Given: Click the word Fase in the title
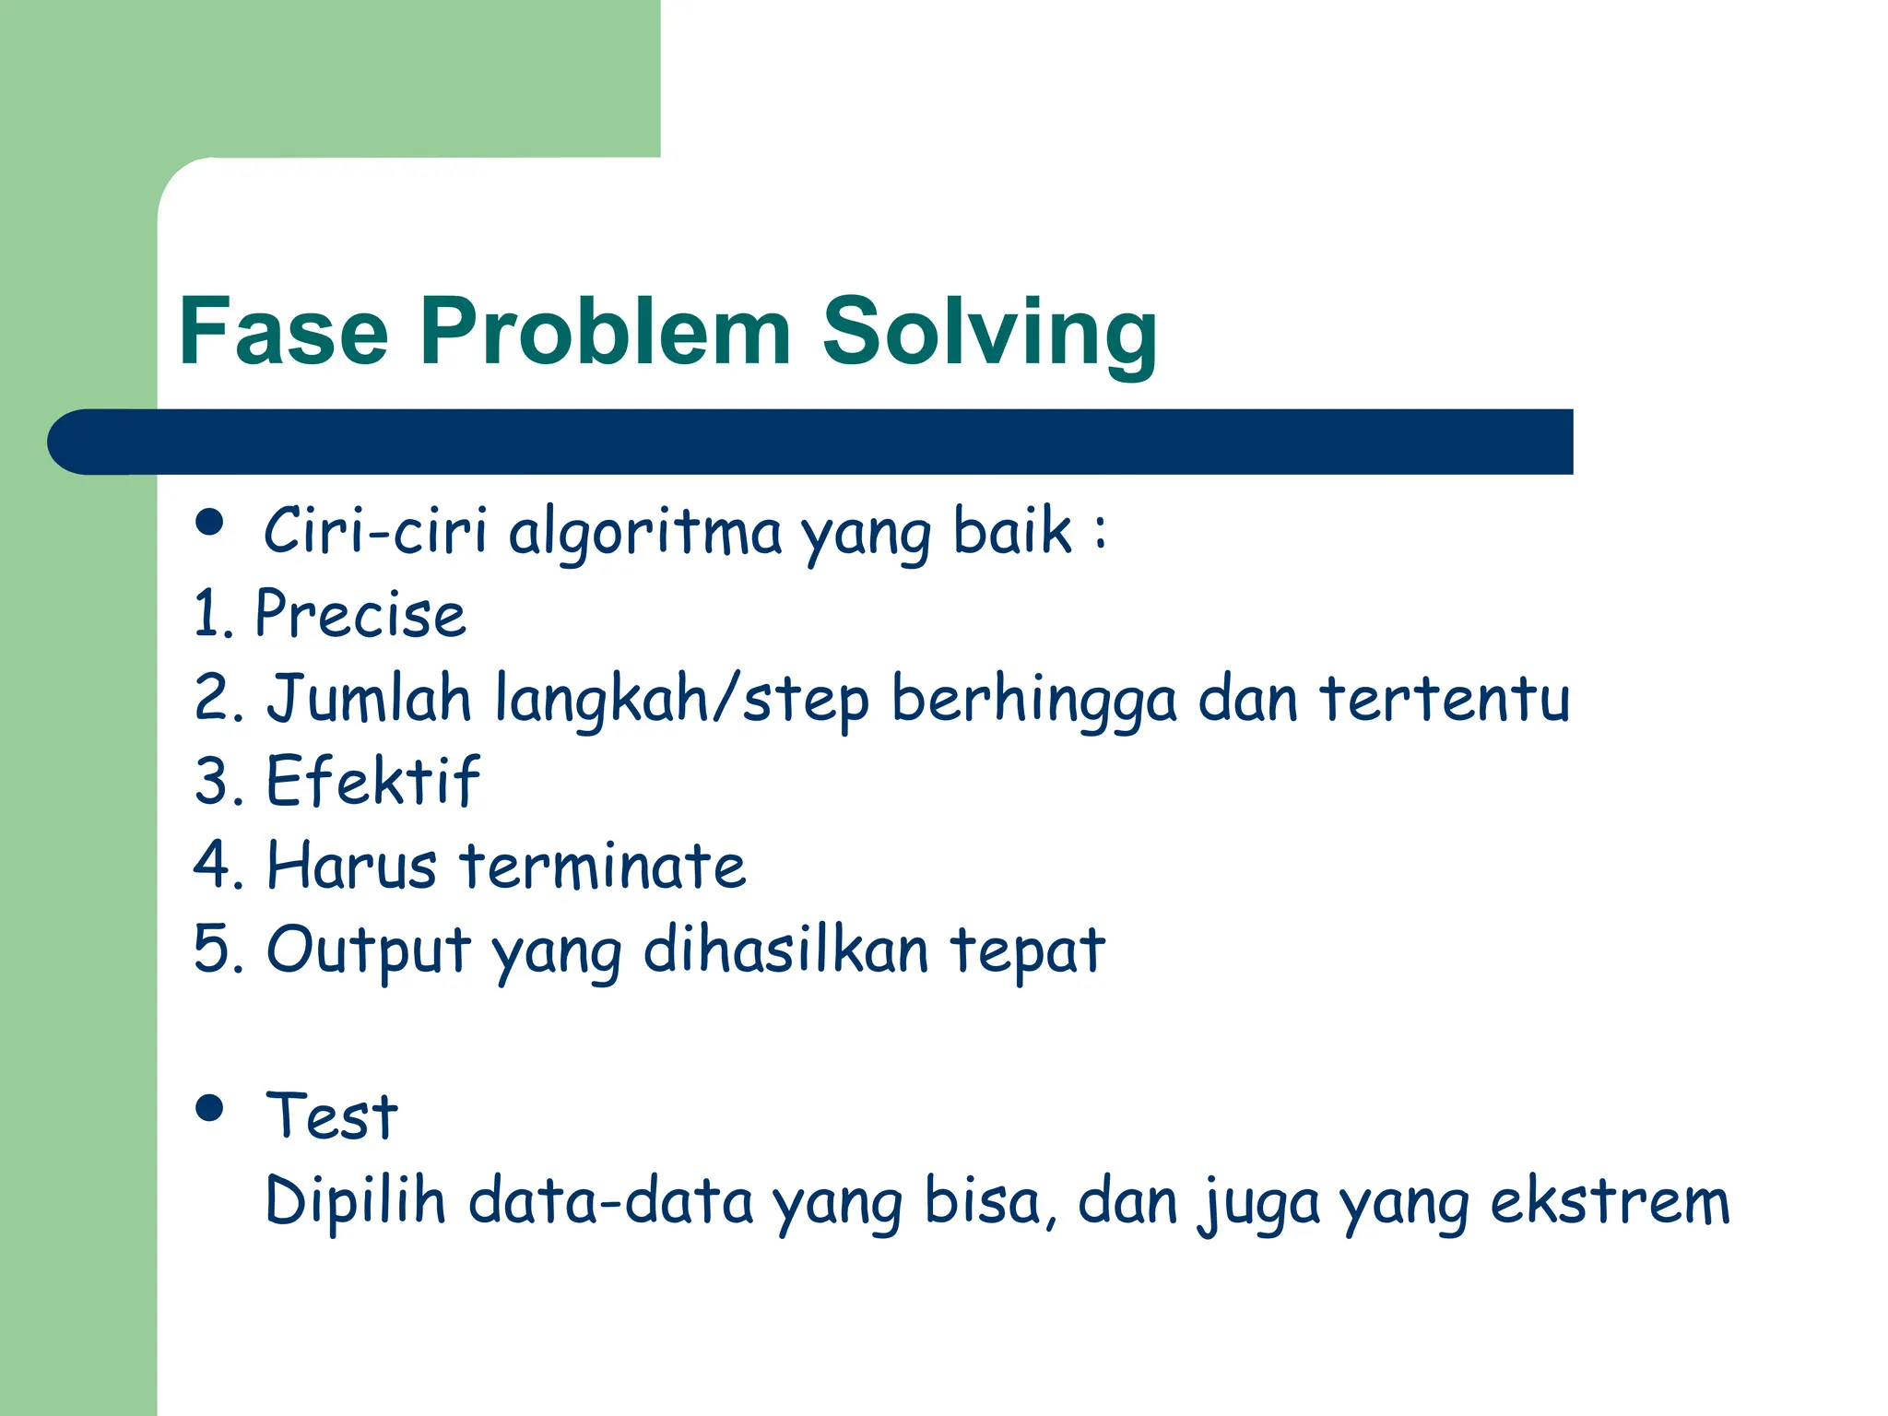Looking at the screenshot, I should click(283, 332).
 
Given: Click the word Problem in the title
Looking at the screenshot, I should click(605, 332).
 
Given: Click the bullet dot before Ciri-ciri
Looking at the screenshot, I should click(210, 523).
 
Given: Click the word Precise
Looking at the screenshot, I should click(360, 614).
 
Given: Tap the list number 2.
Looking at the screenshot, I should click(214, 698).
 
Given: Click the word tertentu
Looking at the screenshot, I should click(1445, 698).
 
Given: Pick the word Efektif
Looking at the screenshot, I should click(372, 781).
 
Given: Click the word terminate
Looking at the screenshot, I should click(602, 867).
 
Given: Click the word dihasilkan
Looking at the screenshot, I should click(785, 950).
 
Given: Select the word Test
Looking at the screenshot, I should click(331, 1117).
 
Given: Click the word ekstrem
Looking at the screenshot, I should click(1610, 1201).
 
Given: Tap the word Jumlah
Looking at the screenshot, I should click(369, 698).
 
